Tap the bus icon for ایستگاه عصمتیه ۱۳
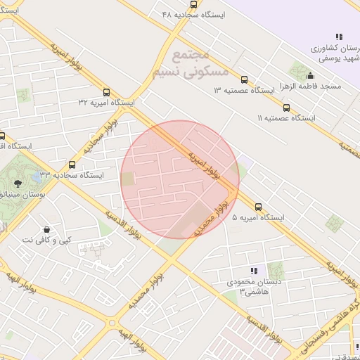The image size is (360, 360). point(244,79)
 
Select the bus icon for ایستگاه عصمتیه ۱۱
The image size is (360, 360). point(286,108)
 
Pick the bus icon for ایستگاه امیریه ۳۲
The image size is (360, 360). point(106,92)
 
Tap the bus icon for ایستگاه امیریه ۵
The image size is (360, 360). point(259,207)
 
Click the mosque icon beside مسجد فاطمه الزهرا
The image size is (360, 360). point(310,76)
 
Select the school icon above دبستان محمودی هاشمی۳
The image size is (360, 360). point(254,271)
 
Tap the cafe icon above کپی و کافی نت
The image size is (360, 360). point(46,229)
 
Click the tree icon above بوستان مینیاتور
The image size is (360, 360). point(18,183)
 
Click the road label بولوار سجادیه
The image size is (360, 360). point(99,141)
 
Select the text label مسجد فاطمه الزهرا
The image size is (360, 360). point(311,86)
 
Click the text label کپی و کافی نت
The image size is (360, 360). point(46,240)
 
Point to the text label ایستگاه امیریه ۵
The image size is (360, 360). point(258,219)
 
